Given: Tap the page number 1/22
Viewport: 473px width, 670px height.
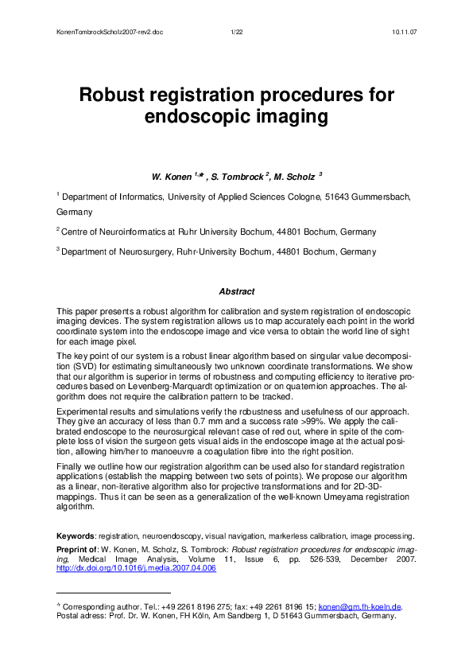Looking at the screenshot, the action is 236,31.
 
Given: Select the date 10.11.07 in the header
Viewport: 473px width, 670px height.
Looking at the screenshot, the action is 405,31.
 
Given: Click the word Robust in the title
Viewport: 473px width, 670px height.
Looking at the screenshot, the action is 118,95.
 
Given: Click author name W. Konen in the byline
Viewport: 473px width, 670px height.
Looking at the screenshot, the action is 173,175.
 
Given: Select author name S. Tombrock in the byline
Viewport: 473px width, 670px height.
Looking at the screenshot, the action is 242,175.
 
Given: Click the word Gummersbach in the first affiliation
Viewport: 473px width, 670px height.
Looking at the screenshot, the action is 378,195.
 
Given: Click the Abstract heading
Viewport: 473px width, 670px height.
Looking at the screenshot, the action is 236,292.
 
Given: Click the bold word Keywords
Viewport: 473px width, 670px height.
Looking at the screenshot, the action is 75,536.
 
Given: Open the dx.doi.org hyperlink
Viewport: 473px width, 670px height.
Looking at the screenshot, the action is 135,569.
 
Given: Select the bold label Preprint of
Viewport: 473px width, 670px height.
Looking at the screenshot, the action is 83,548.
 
